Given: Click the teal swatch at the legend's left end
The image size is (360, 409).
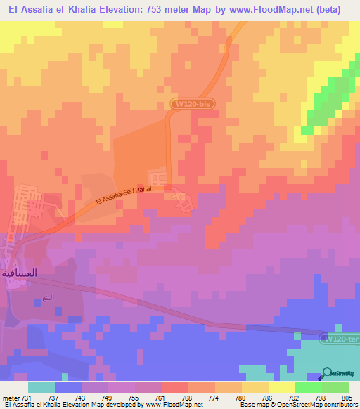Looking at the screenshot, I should [x=41, y=387].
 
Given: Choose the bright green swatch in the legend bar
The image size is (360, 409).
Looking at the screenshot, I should [x=309, y=387].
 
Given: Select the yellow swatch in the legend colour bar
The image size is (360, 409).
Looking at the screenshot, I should [x=282, y=387].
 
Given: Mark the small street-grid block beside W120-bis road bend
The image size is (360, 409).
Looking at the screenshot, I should [x=159, y=178].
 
